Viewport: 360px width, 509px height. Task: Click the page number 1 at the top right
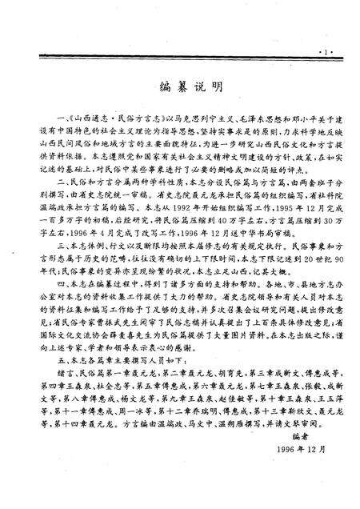pyautogui.click(x=324, y=31)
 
